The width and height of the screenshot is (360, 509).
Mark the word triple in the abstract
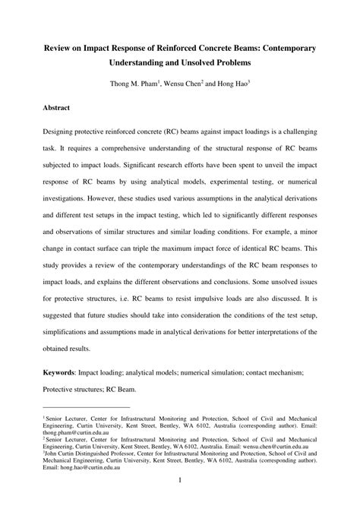click(x=166, y=259)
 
